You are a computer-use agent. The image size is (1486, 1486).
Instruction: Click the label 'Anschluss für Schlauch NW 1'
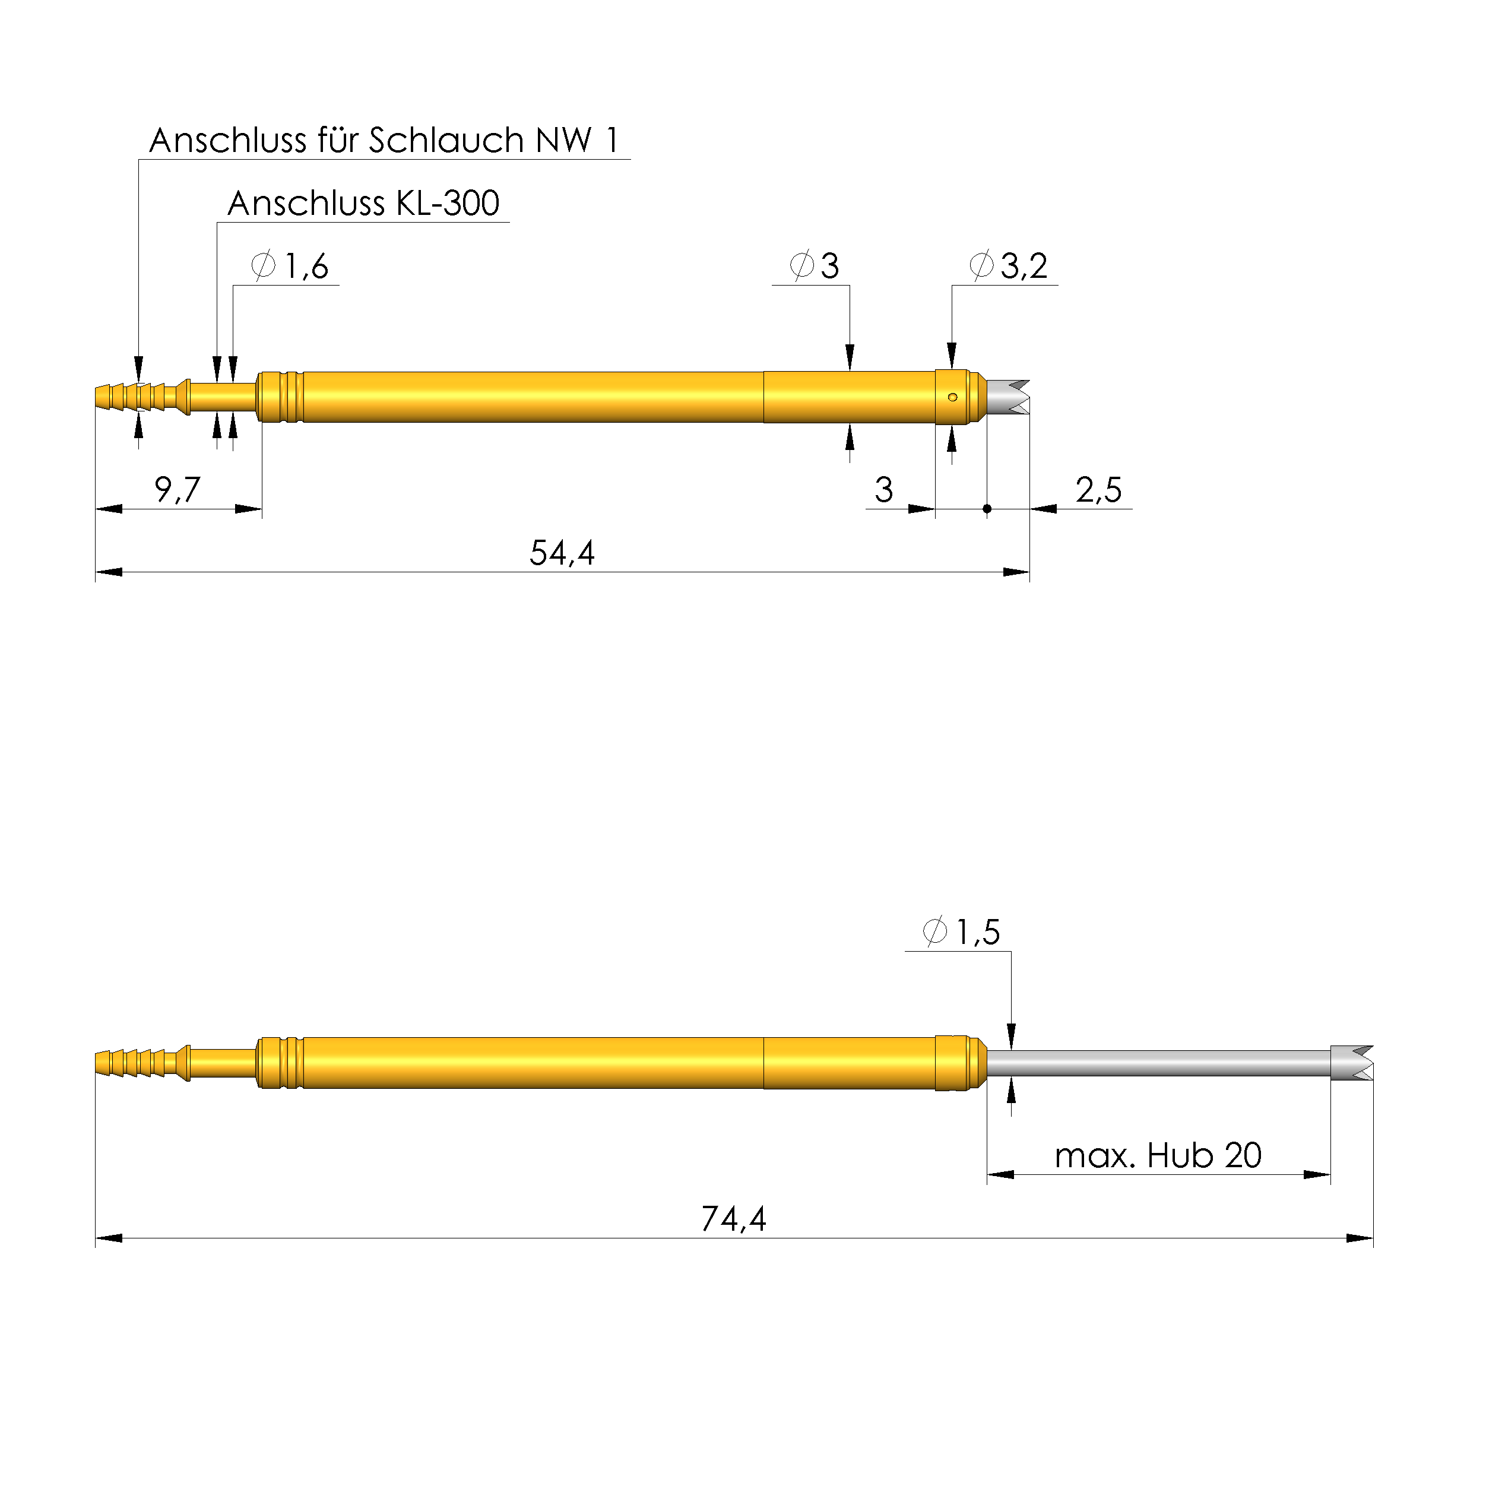click(384, 140)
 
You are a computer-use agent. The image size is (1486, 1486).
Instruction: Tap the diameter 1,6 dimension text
click(290, 265)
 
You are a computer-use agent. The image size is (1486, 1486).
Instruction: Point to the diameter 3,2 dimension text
click(1008, 265)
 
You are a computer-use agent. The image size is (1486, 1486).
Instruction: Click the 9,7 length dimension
click(177, 489)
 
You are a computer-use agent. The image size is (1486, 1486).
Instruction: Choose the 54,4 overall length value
click(562, 553)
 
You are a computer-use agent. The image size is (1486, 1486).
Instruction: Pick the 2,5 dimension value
click(1098, 489)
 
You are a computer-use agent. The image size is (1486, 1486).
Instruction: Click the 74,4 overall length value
click(734, 1219)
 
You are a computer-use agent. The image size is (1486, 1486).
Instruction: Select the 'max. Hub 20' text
click(1158, 1155)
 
